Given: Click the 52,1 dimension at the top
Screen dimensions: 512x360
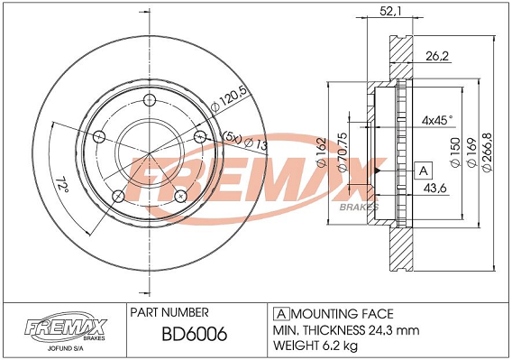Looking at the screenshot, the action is click(390, 11).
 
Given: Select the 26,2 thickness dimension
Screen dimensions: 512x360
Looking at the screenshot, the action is click(437, 57).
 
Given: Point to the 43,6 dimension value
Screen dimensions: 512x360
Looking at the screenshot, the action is click(434, 188).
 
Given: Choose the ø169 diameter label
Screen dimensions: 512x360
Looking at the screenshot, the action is click(471, 153).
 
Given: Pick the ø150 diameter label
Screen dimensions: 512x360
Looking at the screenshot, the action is click(455, 153).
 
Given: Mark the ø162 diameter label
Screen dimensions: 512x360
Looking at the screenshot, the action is click(322, 152).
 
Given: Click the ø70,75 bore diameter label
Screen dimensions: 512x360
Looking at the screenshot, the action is click(343, 152).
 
